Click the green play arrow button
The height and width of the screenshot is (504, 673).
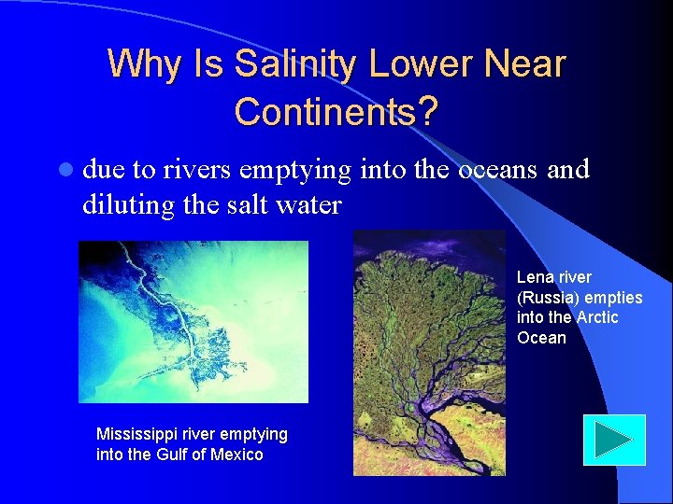tap(614, 440)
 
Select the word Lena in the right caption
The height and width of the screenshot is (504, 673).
tap(536, 277)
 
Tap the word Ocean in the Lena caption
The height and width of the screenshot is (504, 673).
tap(541, 338)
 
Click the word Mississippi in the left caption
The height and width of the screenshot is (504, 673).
tap(136, 434)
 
